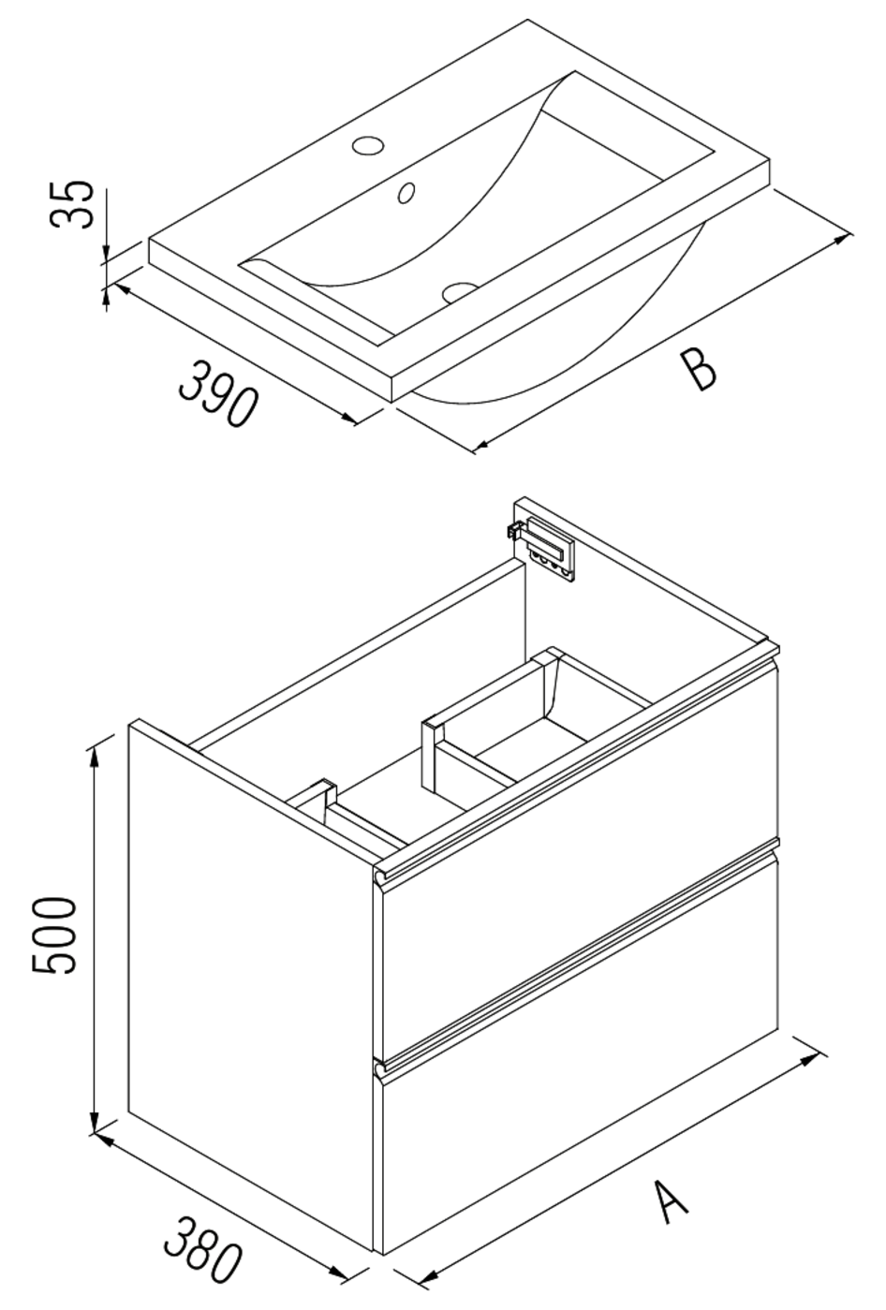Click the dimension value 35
(x=72, y=203)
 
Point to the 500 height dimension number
(x=53, y=935)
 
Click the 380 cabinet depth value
(x=203, y=1248)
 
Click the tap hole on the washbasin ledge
(x=367, y=146)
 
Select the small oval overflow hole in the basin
(x=406, y=192)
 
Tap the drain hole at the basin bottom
(x=460, y=291)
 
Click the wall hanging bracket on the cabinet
(x=543, y=544)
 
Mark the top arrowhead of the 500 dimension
(x=95, y=757)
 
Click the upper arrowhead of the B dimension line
(x=843, y=240)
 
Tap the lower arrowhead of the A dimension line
(x=429, y=1276)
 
